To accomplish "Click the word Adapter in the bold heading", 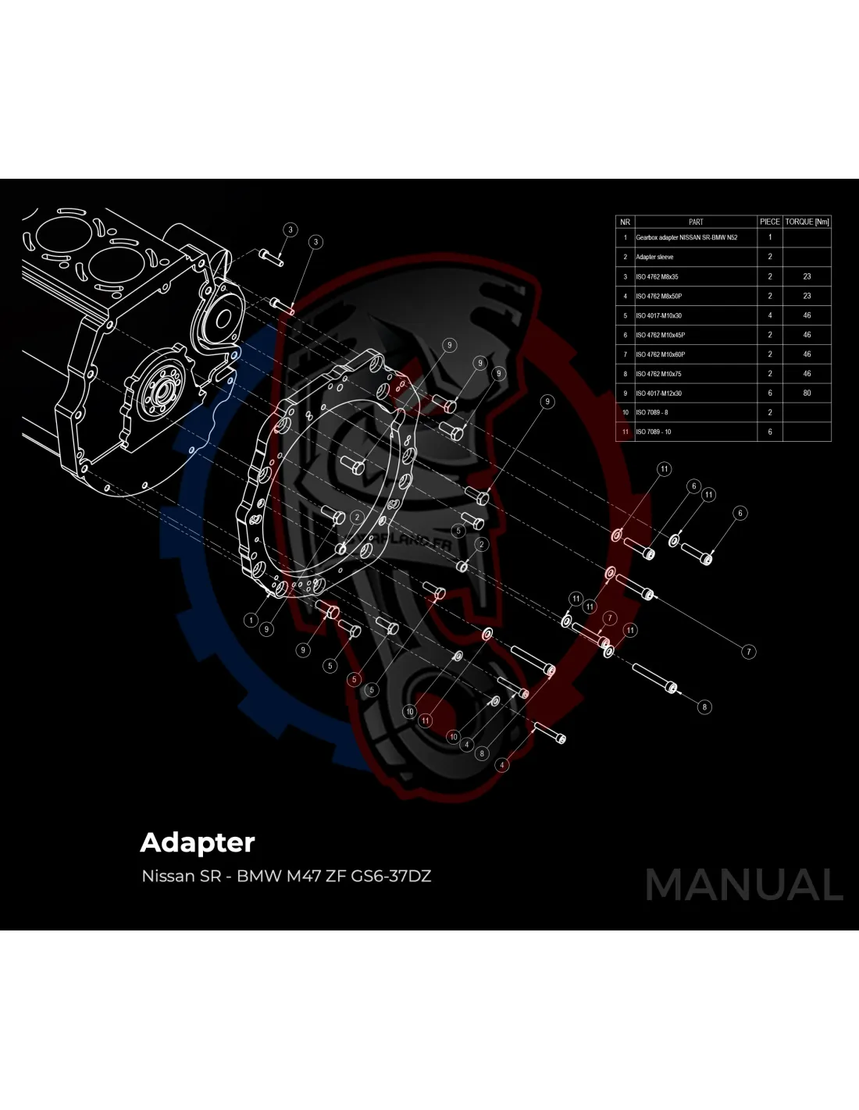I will click(x=197, y=843).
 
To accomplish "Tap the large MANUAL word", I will click(x=743, y=884).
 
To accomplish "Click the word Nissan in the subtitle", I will click(x=168, y=876).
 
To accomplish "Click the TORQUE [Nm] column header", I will click(x=807, y=222).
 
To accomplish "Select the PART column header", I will click(x=696, y=222).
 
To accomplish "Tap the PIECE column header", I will click(x=769, y=222).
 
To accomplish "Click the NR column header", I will click(x=625, y=222).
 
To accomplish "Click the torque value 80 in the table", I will click(x=807, y=393).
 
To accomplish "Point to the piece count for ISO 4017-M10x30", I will click(x=769, y=315).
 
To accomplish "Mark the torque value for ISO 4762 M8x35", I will click(x=807, y=276).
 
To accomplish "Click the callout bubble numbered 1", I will click(x=251, y=621).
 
